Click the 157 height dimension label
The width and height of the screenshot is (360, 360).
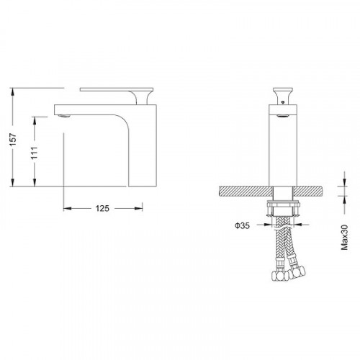pos(13,140)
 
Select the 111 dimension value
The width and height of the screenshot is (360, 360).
pos(35,153)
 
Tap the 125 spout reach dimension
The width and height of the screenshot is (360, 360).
pos(102,208)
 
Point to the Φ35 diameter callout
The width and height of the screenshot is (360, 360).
pos(242,225)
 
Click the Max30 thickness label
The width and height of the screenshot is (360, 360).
pos(344,238)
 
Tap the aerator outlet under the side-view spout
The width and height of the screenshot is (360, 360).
pos(64,116)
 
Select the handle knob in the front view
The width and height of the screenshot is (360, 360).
pos(283,96)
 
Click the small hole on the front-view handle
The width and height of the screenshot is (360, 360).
pos(283,102)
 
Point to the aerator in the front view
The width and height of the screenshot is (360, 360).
pos(283,116)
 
